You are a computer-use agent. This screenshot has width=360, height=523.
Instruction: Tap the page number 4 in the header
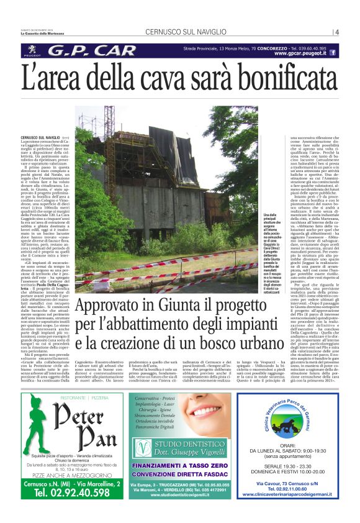pos(336,32)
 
